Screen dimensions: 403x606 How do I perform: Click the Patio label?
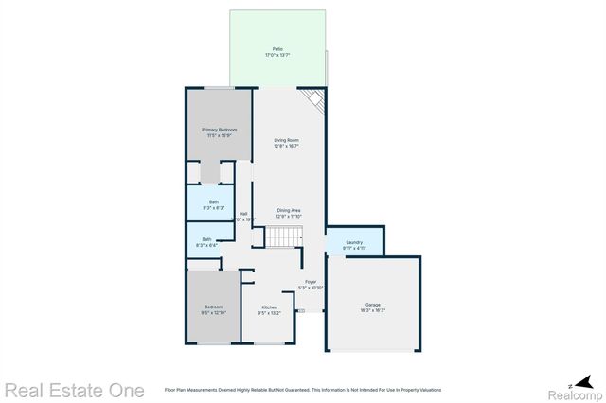(x=277, y=49)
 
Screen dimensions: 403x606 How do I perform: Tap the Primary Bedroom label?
(x=219, y=130)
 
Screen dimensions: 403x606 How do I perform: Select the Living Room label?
(x=287, y=140)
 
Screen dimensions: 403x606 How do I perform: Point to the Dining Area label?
(x=289, y=210)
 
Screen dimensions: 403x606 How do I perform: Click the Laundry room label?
(x=354, y=243)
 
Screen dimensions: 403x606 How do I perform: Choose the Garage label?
(x=372, y=305)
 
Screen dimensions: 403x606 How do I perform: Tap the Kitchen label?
(x=269, y=307)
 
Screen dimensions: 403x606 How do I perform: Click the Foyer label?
(x=311, y=282)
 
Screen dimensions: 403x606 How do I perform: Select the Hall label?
(x=243, y=213)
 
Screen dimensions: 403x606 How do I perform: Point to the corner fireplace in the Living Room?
(x=314, y=101)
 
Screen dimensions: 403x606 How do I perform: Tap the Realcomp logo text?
(x=575, y=390)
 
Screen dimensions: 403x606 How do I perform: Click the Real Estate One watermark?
(x=74, y=390)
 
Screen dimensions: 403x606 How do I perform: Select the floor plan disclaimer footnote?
(x=302, y=389)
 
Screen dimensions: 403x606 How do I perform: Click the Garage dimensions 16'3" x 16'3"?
(x=372, y=310)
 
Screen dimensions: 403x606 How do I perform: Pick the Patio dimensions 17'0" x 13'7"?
(x=277, y=56)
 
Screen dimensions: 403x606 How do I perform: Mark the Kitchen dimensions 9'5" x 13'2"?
(x=269, y=313)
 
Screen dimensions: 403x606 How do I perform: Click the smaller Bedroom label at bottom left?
(x=213, y=307)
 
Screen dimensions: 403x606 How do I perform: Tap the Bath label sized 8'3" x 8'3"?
(x=213, y=201)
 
